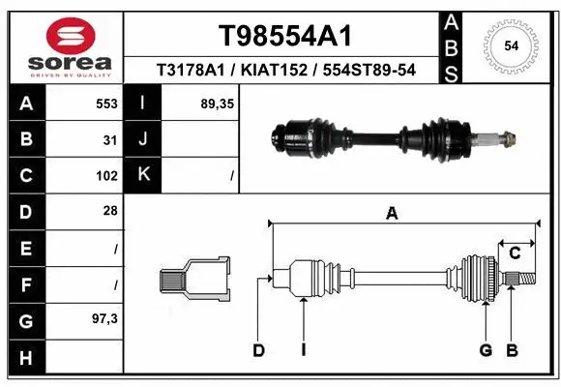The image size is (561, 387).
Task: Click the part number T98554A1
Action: click(284, 36)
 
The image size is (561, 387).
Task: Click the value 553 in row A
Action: click(107, 103)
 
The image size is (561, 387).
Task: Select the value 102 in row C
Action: click(107, 176)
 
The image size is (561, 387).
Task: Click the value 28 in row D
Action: click(110, 211)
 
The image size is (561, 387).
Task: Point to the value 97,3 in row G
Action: click(104, 318)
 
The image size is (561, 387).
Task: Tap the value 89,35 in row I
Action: click(214, 103)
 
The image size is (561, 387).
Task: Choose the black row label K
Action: click(143, 175)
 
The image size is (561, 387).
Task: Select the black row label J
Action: click(143, 139)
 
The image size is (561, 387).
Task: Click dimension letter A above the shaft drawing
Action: click(392, 214)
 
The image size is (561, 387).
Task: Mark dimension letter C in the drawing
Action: click(516, 253)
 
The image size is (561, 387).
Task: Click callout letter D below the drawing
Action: click(258, 350)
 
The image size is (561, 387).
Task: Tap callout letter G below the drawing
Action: click(486, 350)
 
